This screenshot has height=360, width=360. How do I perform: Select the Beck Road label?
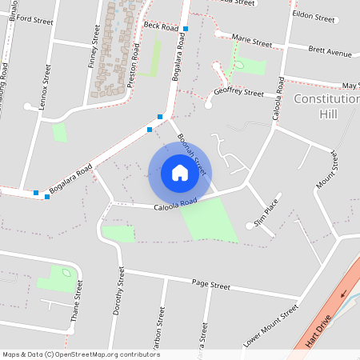160,26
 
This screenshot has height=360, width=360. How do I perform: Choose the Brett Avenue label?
330,52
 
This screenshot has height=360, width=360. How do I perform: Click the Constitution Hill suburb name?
326,106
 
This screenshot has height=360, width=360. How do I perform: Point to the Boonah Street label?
193,154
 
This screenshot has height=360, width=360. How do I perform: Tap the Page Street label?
211,285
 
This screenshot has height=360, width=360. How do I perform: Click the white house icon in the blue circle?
180,172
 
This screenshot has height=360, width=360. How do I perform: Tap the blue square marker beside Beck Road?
186,29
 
